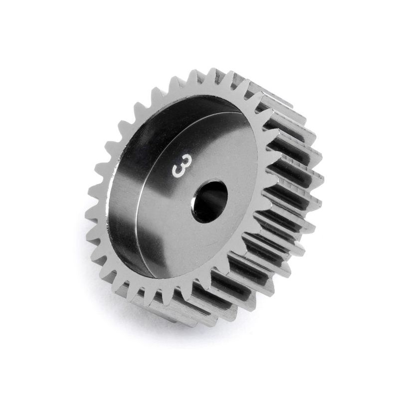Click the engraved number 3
point(178,169)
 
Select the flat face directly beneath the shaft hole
point(209,239)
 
